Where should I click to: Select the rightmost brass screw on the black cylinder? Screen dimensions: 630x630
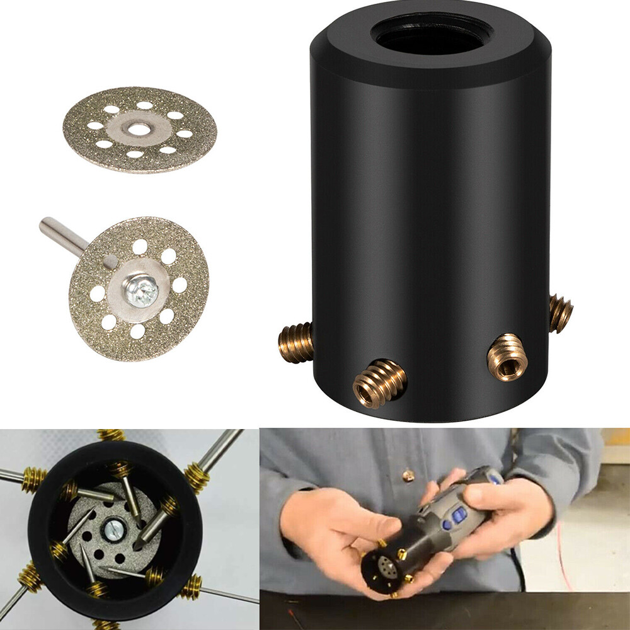pos(560,313)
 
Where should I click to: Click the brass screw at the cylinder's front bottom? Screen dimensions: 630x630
pos(379,382)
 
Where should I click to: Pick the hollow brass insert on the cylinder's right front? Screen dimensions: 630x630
pos(508,357)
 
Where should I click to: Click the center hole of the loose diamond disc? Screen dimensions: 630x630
pos(139,129)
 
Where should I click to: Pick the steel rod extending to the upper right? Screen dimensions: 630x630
pos(220,448)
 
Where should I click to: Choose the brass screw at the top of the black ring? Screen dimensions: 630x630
pos(111,435)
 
